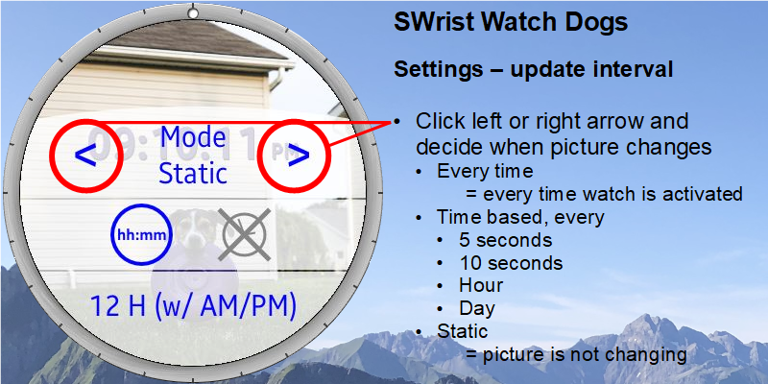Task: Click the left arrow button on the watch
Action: (85, 156)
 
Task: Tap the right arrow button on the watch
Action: (299, 156)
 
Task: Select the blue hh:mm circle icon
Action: (141, 234)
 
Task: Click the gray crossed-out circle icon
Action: (244, 234)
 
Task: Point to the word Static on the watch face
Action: (194, 174)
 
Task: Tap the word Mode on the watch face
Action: (193, 137)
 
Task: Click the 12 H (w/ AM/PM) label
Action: (193, 306)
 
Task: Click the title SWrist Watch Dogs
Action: (511, 22)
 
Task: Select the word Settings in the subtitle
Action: (439, 70)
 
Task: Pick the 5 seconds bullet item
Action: (506, 241)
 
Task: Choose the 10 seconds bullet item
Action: (511, 263)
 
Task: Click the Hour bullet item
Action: (481, 285)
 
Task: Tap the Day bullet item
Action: (476, 308)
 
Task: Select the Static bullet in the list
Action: (463, 331)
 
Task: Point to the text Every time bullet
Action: (485, 172)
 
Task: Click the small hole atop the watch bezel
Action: (193, 13)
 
